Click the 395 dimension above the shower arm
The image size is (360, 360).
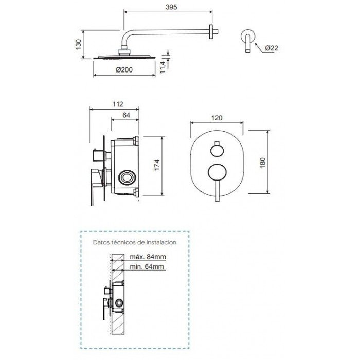pos(171,7)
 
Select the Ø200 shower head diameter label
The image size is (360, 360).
pos(124,69)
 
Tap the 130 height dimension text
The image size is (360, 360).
pos(78,44)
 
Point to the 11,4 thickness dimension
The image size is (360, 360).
pos(163,67)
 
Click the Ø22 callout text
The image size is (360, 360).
pos(272,48)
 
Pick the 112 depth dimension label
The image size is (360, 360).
pos(118,104)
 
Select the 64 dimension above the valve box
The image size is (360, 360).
pos(126,115)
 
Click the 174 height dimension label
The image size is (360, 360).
pos(157,165)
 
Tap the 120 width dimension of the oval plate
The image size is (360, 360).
pos(217,118)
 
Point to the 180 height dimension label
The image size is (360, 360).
pos(263,163)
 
